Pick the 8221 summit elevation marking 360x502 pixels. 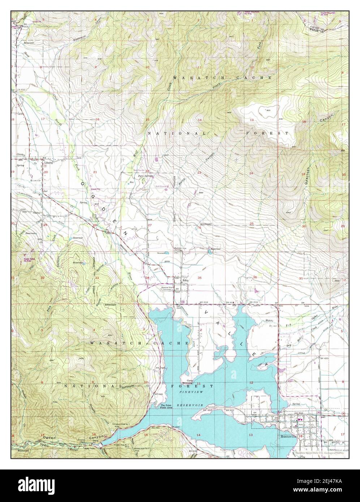pyautogui.click(x=268, y=110)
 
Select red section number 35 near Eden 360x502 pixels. pyautogui.click(x=200, y=278)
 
